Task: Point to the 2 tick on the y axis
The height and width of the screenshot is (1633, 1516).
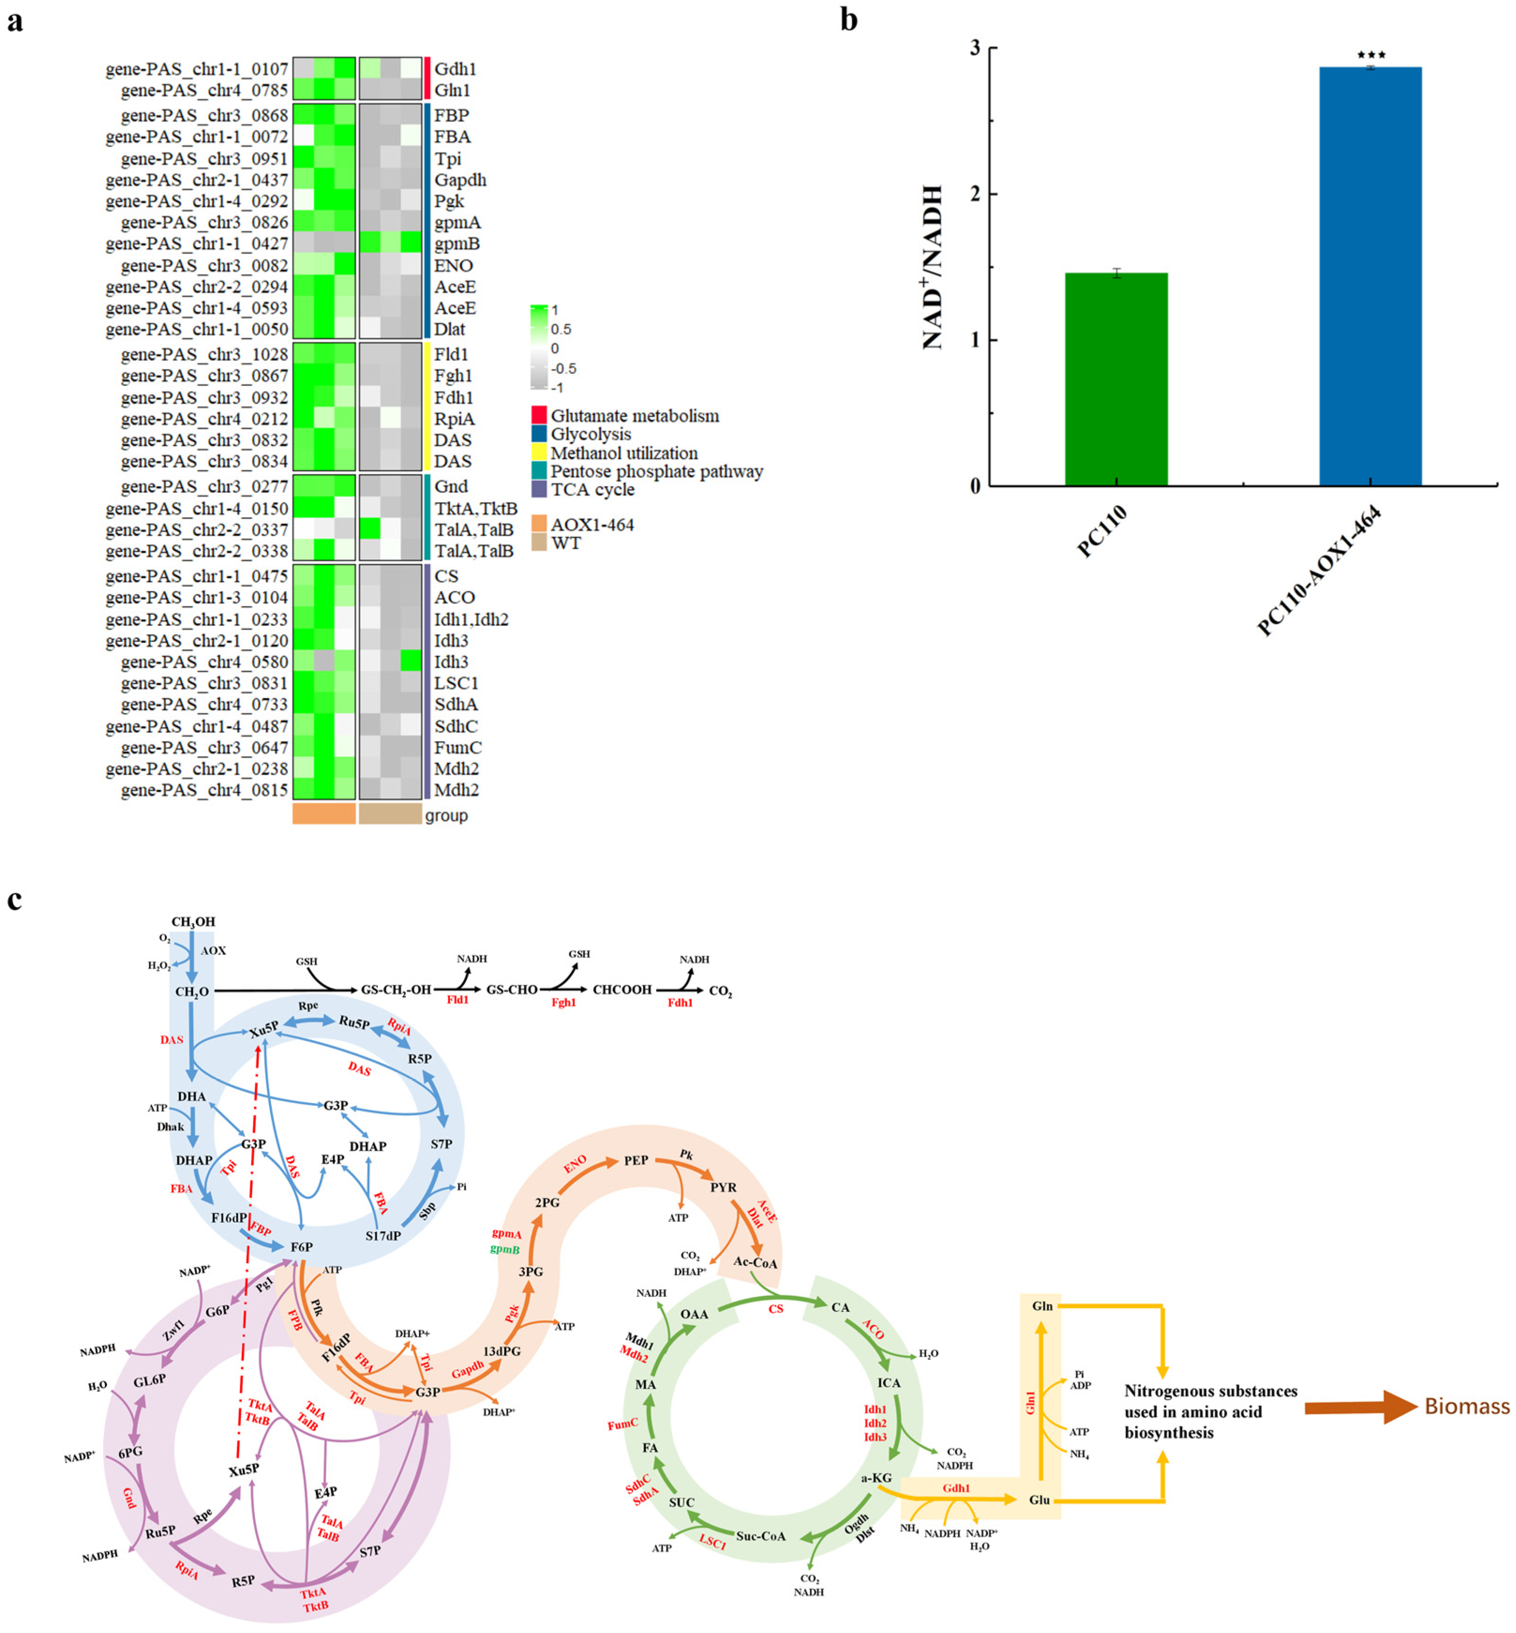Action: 975,195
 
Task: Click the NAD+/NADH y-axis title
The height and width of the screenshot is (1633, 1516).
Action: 933,268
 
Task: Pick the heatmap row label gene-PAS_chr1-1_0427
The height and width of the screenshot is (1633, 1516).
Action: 197,244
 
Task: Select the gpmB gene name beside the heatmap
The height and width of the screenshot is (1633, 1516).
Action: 457,244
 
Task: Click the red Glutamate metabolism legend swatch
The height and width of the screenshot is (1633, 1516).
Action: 539,416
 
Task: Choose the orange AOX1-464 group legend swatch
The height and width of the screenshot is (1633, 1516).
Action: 539,524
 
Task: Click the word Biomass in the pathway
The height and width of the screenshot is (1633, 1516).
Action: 1467,1407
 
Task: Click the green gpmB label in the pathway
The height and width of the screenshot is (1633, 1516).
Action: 505,1249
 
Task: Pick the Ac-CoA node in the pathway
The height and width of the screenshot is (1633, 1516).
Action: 754,1262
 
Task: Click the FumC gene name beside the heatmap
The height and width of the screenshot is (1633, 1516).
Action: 458,747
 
